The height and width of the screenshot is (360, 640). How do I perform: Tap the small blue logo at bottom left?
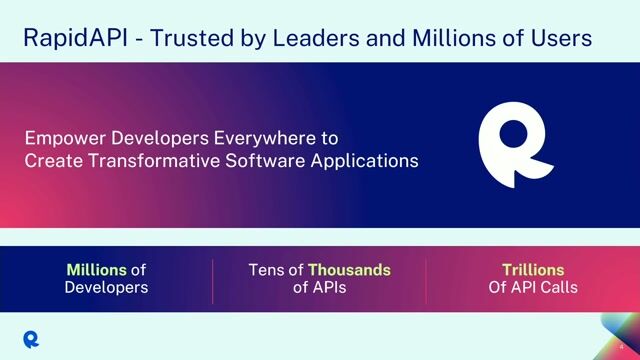point(32,336)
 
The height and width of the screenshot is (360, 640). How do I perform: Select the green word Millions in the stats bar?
point(96,270)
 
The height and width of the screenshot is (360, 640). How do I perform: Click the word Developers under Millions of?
point(106,288)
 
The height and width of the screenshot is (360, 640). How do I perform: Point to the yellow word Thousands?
point(349,270)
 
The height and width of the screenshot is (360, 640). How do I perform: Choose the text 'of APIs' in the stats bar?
point(320,288)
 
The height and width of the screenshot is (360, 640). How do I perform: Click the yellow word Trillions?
point(533,270)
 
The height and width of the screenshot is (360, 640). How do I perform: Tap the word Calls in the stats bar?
point(556,288)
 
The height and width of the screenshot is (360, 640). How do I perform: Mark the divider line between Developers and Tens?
point(213,279)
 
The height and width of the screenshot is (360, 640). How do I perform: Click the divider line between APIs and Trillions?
point(426,279)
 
